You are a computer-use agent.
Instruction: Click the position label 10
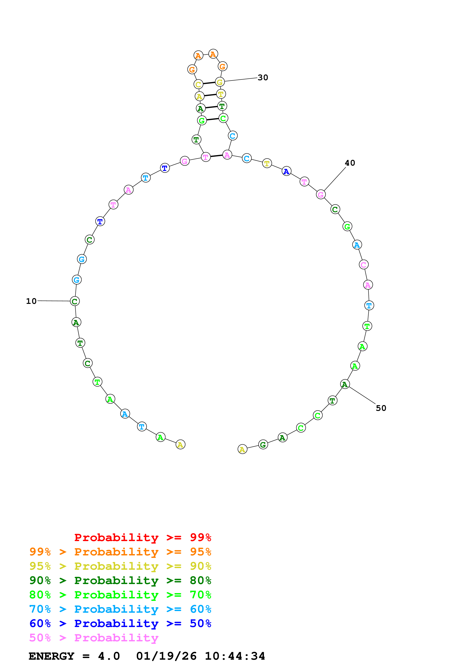[31, 301]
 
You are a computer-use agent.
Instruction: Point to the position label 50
[381, 408]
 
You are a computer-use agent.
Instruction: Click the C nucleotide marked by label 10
[75, 301]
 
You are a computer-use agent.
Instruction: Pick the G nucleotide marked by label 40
[321, 194]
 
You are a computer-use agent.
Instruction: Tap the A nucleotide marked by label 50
[345, 384]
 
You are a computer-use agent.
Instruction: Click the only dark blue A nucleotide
[286, 171]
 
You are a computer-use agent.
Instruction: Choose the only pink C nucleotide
[363, 265]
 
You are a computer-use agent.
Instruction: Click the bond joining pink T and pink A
[216, 156]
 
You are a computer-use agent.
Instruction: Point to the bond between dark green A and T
[211, 107]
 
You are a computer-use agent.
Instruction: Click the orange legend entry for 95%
[120, 552]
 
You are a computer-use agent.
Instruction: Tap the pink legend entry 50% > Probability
[94, 638]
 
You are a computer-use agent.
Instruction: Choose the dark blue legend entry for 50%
[120, 624]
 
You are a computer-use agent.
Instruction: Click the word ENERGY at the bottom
[51, 656]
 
